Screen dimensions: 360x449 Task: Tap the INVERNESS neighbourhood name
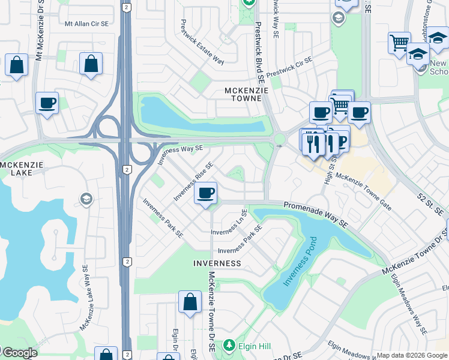pyautogui.click(x=217, y=263)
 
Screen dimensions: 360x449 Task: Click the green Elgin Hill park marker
pyautogui.click(x=229, y=346)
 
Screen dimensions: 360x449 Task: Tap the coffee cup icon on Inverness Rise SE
pyautogui.click(x=206, y=193)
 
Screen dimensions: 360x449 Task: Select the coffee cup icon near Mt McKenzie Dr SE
pyautogui.click(x=47, y=103)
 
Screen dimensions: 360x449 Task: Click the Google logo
pyautogui.click(x=20, y=353)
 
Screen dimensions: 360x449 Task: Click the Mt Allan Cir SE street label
pyautogui.click(x=86, y=23)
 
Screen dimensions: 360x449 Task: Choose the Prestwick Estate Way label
pyautogui.click(x=202, y=42)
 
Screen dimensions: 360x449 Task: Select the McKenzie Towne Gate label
pyautogui.click(x=364, y=192)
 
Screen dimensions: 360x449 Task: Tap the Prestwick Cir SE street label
pyautogui.click(x=290, y=68)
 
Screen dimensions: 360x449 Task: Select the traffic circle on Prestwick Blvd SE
pyautogui.click(x=279, y=139)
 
